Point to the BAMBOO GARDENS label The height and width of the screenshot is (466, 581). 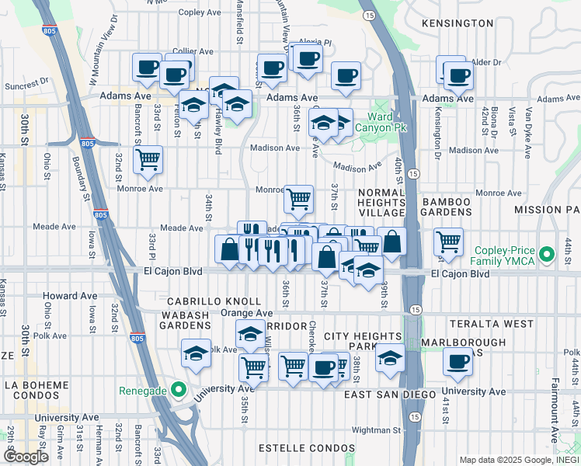click(x=447, y=207)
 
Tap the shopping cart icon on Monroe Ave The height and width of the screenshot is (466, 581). click(x=299, y=199)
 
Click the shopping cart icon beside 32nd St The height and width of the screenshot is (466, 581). click(x=148, y=160)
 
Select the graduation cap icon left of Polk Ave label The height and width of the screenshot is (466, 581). click(x=197, y=353)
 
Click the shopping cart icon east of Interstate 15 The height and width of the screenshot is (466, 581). click(x=449, y=242)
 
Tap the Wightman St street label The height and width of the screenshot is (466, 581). click(x=375, y=429)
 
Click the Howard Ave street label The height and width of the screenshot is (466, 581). click(x=70, y=296)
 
